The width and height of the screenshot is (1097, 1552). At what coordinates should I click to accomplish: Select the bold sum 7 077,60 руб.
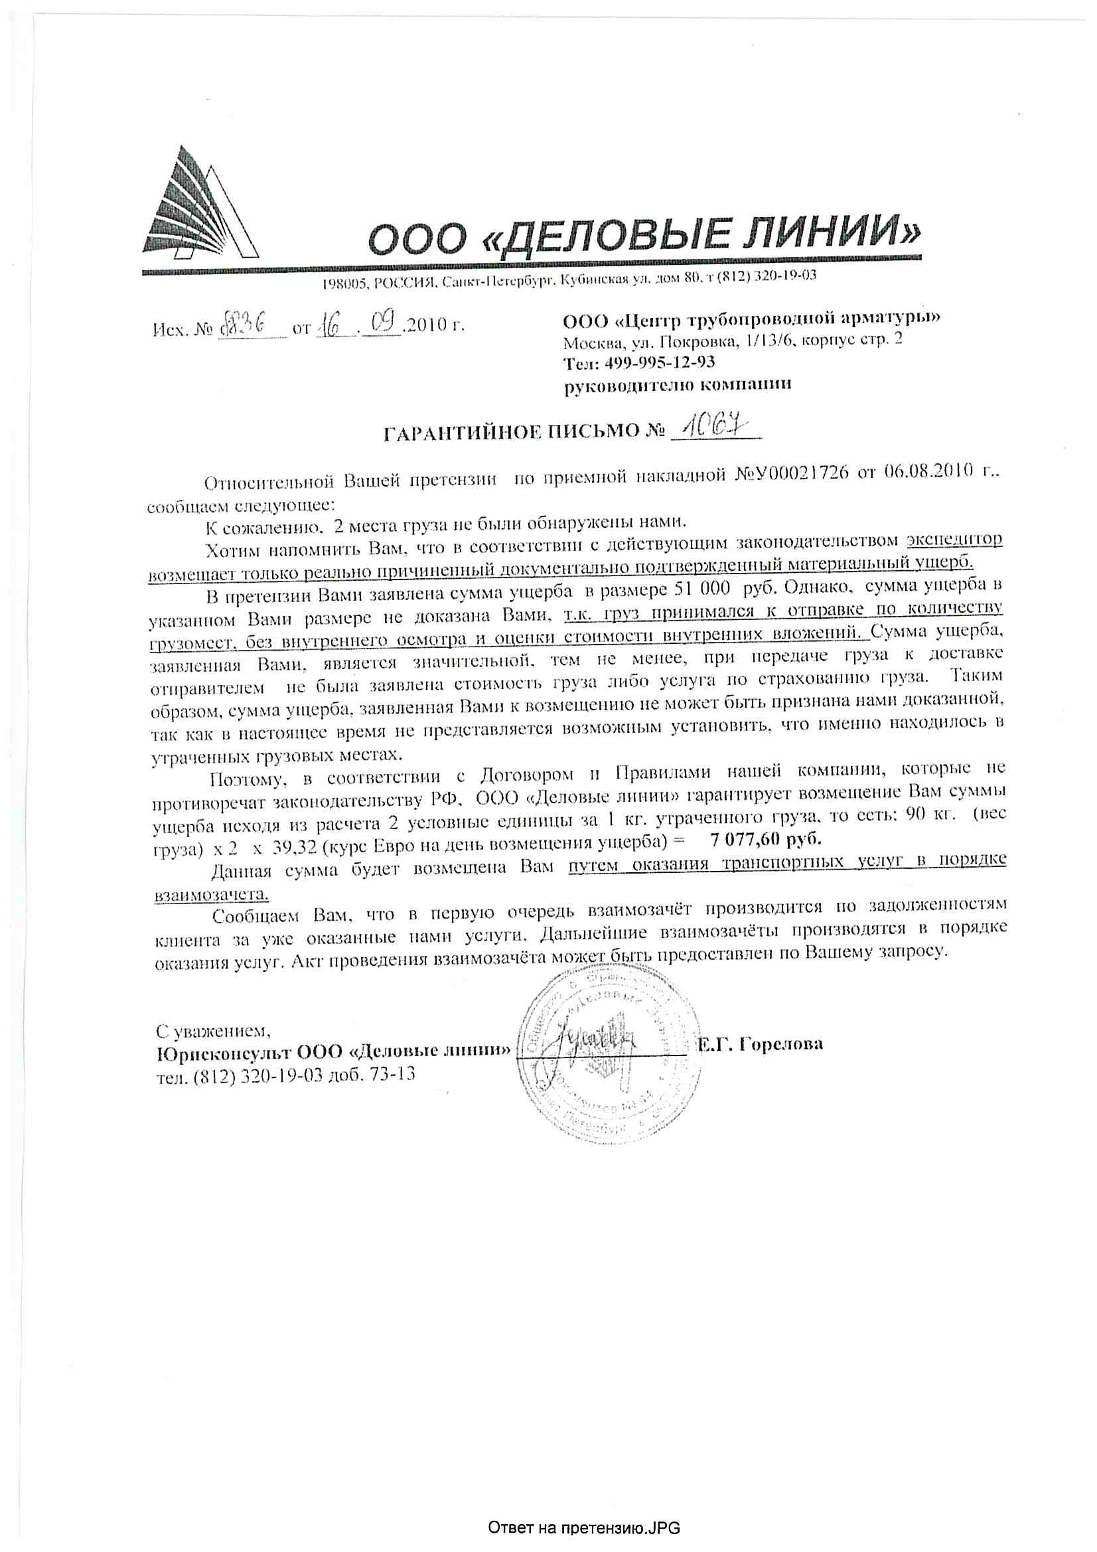[767, 839]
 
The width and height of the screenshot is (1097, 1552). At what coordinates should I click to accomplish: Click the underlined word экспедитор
[954, 540]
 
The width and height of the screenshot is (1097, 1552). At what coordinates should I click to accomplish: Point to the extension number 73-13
[392, 1074]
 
